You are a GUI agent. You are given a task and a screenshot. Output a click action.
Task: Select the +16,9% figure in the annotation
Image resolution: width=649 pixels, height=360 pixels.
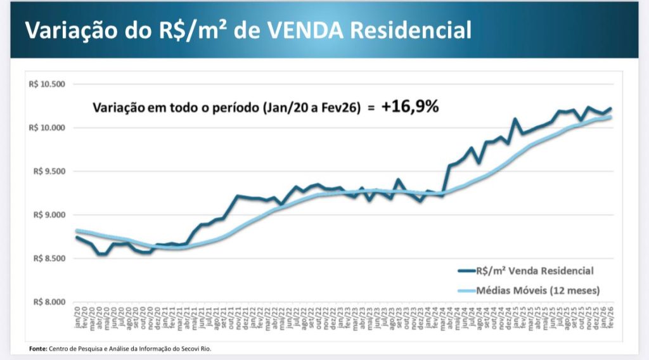[410, 106]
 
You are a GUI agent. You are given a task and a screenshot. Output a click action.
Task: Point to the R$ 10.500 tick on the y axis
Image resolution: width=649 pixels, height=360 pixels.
[47, 84]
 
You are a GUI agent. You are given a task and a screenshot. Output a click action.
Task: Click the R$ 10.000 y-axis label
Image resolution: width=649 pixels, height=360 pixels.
[47, 128]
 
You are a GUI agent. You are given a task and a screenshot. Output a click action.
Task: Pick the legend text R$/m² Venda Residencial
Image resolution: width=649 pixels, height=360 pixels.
[534, 271]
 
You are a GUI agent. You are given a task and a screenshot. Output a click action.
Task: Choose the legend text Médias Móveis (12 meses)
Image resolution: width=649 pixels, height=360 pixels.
[539, 290]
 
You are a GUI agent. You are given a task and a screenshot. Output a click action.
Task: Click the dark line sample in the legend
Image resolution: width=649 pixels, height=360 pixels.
[470, 271]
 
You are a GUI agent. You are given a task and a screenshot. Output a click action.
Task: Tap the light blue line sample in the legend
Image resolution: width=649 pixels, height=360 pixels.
[470, 290]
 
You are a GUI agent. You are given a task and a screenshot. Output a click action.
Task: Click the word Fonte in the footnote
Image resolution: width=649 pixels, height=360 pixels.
[37, 349]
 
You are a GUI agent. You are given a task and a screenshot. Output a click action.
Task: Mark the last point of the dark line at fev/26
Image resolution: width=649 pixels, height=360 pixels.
[610, 108]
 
